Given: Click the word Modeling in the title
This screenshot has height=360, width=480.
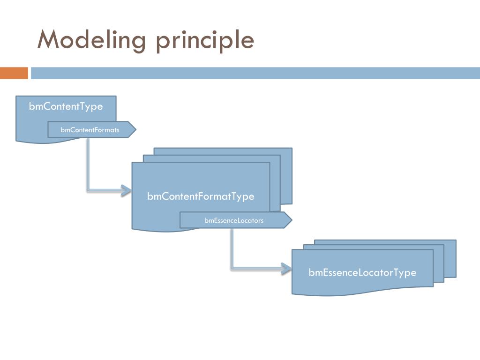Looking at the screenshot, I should (92, 40).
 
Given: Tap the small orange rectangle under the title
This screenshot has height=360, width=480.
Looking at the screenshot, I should (14, 73).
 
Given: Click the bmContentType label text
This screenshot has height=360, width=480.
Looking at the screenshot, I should (66, 106).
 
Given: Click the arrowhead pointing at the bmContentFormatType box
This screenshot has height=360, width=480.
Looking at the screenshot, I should (126, 190).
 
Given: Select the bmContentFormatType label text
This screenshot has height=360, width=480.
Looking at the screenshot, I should (201, 196).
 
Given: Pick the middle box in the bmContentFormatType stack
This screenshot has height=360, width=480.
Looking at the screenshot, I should (275, 183).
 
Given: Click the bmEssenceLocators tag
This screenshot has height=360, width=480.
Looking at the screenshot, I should (233, 220).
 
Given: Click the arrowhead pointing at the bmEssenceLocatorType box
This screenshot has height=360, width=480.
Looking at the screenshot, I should (286, 268).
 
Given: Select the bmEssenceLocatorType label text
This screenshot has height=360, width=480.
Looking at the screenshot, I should (362, 272).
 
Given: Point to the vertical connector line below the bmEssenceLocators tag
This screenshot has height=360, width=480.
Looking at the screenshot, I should (232, 246).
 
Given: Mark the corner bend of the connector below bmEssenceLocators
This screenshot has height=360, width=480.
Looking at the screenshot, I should (232, 268).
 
